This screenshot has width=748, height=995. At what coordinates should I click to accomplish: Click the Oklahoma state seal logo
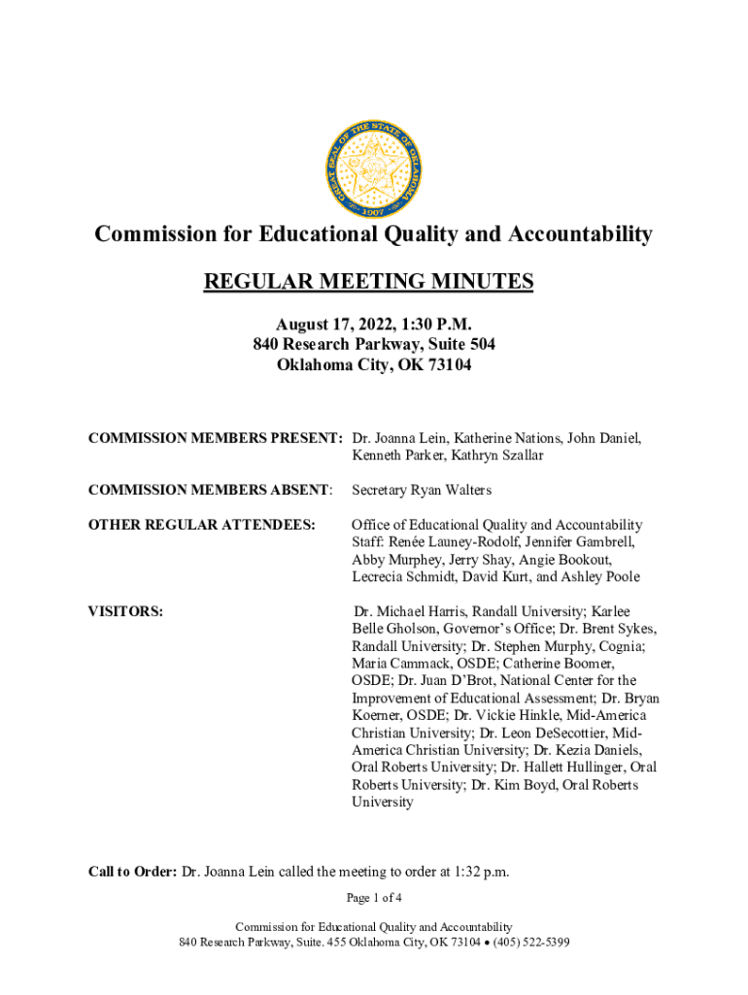[373, 171]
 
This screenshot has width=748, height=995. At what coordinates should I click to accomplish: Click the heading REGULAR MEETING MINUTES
[368, 282]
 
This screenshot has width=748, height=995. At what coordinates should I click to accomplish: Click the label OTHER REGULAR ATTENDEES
[202, 526]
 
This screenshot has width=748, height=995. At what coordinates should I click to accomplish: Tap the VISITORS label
[125, 612]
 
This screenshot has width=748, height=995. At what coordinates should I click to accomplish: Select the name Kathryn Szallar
[496, 456]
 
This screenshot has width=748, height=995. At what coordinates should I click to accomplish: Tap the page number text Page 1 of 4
[374, 897]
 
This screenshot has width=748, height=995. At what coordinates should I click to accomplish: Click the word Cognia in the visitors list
[622, 646]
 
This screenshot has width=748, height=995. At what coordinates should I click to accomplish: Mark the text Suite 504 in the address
[459, 346]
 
